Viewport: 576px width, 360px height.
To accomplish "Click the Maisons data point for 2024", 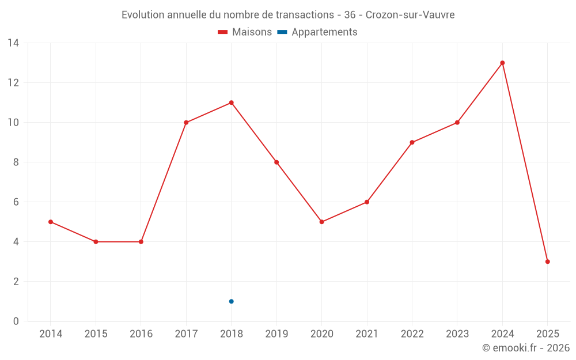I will point(502,63).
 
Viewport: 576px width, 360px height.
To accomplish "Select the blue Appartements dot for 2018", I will point(231,301).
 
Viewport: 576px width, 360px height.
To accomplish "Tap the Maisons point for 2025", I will point(547,262).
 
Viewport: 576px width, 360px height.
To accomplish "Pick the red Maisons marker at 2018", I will point(231,103).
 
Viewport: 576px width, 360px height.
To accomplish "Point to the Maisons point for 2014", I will point(51,222).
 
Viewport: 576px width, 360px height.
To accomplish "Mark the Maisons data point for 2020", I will point(321,222).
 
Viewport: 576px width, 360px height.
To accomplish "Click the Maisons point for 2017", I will point(186,123).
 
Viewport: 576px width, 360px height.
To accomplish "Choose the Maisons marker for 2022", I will point(412,142).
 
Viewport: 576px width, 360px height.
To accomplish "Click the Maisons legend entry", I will point(245,32).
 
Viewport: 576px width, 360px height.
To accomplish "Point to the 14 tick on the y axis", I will point(13,43).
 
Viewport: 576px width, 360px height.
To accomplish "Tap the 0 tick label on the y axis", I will point(16,321).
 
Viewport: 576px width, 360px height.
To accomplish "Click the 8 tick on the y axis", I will point(16,162).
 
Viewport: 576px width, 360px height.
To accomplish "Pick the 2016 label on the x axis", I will point(141,334).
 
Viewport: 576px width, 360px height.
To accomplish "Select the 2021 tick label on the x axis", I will point(367,334).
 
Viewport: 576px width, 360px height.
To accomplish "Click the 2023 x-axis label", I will point(457,334).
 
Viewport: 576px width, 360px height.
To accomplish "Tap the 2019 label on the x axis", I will point(276,334).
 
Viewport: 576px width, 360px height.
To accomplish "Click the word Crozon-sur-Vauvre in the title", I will point(410,15).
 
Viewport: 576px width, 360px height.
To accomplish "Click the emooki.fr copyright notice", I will point(525,348).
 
